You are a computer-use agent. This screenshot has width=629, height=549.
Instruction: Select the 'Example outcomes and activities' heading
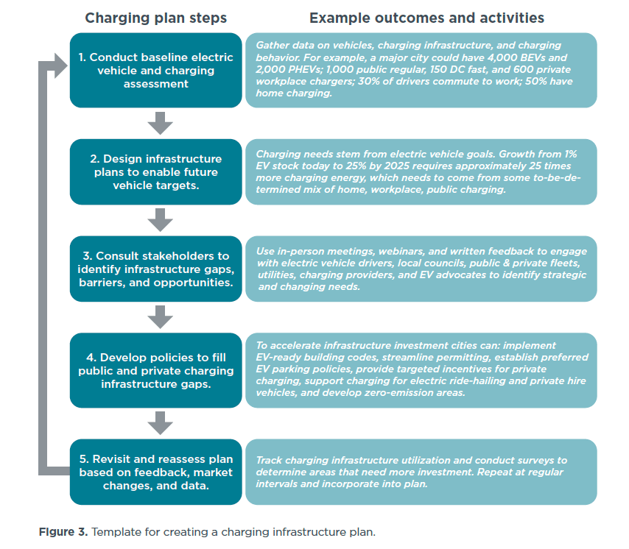pyautogui.click(x=426, y=18)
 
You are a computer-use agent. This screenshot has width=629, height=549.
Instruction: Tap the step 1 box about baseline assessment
pyautogui.click(x=155, y=71)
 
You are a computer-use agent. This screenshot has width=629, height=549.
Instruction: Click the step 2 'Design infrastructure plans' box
pyautogui.click(x=155, y=171)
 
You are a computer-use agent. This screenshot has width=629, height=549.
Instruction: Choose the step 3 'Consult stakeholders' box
pyautogui.click(x=155, y=269)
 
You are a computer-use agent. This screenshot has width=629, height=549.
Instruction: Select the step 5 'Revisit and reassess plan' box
pyautogui.click(x=155, y=472)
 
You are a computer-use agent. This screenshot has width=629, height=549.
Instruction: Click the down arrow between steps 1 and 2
pyautogui.click(x=160, y=122)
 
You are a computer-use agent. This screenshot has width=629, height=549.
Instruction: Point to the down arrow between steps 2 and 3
pyautogui.click(x=160, y=219)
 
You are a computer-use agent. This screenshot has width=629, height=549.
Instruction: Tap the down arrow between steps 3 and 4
pyautogui.click(x=160, y=316)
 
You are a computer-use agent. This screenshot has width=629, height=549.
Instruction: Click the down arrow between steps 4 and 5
pyautogui.click(x=160, y=422)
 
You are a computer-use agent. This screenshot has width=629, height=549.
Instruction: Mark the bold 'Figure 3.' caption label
pyautogui.click(x=62, y=531)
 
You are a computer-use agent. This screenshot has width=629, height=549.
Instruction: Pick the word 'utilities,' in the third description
pyautogui.click(x=278, y=274)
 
